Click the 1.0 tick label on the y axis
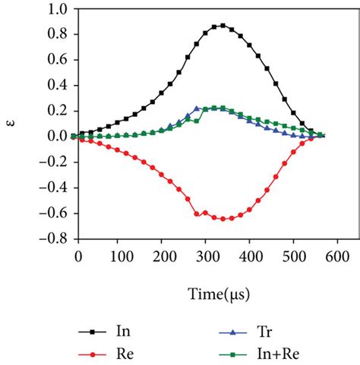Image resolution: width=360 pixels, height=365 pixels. pyautogui.click(x=56, y=9)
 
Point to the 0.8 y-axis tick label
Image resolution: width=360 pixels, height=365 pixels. pyautogui.click(x=56, y=34)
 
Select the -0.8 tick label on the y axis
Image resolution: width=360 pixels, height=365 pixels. pyautogui.click(x=53, y=238)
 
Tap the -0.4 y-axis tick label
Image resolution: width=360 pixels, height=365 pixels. pyautogui.click(x=53, y=187)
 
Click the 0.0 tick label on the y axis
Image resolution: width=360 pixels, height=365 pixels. pyautogui.click(x=56, y=136)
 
